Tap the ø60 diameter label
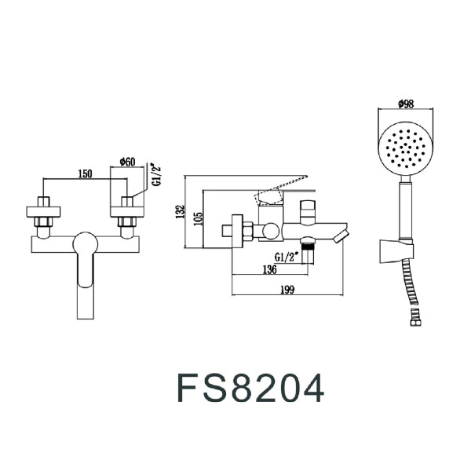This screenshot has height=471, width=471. coord(128,162)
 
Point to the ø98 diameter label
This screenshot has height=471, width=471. coord(406,104)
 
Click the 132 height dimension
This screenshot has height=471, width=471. coord(181,210)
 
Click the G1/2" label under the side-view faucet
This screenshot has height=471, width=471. coord(287,257)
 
